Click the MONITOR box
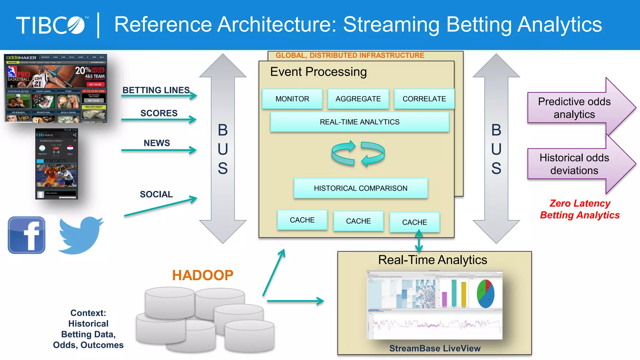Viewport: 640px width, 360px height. [x=292, y=99]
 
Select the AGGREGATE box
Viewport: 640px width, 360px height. [x=358, y=99]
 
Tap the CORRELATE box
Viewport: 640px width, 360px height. [x=424, y=99]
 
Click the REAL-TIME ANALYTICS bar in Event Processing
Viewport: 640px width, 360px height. [x=359, y=122]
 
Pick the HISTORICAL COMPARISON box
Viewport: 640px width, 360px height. [x=361, y=188]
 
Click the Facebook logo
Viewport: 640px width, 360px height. [x=27, y=235]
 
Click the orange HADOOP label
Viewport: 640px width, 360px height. [x=202, y=275]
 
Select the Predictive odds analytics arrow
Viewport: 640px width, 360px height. [x=574, y=108]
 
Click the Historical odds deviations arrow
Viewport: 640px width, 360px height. [x=574, y=164]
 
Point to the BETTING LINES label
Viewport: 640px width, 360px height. [x=156, y=90]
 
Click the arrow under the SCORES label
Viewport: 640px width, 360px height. [x=159, y=119]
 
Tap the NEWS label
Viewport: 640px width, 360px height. [x=157, y=143]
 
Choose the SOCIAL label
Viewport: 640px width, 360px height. [x=156, y=194]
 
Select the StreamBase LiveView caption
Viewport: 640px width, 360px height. [x=435, y=348]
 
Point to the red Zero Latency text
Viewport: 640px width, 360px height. [x=580, y=203]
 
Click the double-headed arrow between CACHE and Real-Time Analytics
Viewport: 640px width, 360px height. [x=419, y=241]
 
